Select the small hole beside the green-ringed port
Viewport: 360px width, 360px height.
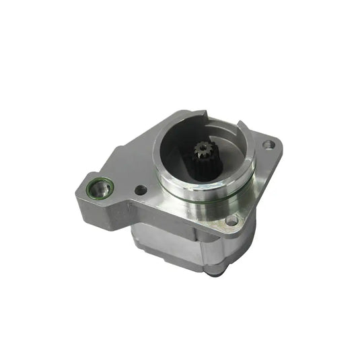140,191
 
